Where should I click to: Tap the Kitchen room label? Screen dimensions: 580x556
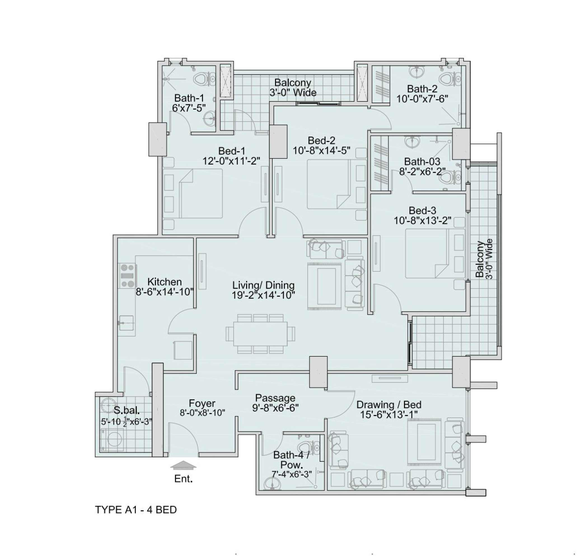(x=165, y=282)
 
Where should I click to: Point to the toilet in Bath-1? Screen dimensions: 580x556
(x=203, y=79)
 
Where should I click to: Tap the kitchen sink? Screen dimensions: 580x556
(x=126, y=323)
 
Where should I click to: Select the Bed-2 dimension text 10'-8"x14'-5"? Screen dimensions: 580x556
(x=322, y=151)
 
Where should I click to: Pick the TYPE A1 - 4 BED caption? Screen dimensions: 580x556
(x=136, y=510)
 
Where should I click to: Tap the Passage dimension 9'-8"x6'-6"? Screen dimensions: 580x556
(x=275, y=408)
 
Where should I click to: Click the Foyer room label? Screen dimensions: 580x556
(x=202, y=403)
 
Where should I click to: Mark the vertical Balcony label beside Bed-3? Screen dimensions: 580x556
(x=480, y=259)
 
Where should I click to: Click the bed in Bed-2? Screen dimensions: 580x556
(x=329, y=184)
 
